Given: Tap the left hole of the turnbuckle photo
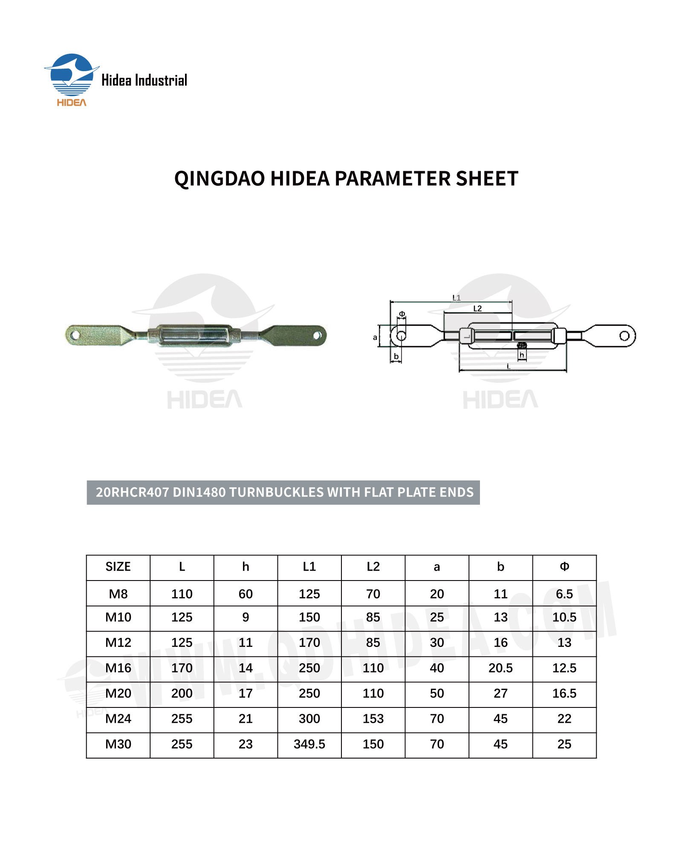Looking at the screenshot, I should point(75,335).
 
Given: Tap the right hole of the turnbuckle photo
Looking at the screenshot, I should point(317,335).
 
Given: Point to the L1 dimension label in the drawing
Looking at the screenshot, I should point(456,298).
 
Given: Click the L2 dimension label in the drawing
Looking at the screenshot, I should point(477,308).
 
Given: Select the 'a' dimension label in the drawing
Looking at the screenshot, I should point(375,337).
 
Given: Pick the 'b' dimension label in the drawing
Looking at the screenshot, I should point(396,356).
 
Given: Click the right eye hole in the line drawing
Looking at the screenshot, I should point(624,336).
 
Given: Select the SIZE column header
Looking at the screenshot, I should point(118,567).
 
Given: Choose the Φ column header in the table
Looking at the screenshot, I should point(564,567).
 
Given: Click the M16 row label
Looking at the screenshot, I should point(118,668).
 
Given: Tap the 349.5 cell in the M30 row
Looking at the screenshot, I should point(309,744).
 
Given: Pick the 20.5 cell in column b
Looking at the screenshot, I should point(500,668).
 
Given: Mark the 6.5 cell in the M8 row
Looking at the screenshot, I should point(564,594).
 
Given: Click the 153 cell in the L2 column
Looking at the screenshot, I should point(373,719).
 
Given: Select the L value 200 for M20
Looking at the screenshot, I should point(182,693).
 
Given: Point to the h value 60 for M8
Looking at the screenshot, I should point(246,594).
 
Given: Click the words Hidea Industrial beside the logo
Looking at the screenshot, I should point(144,80).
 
